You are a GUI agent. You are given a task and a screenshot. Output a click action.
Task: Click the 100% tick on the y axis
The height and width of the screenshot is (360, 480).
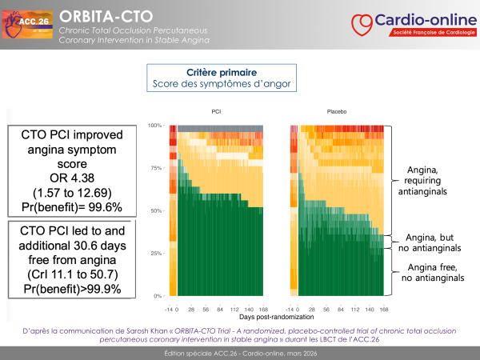155,126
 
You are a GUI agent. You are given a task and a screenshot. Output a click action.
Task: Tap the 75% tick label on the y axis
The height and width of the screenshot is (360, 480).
157,168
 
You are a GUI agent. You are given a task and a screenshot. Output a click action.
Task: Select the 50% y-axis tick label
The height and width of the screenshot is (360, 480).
157,210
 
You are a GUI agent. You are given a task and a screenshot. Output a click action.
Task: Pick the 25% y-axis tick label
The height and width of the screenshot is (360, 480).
157,253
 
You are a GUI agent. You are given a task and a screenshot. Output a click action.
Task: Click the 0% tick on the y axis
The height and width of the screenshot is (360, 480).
158,295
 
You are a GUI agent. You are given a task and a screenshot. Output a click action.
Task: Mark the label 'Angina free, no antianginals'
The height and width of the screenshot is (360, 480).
433,273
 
